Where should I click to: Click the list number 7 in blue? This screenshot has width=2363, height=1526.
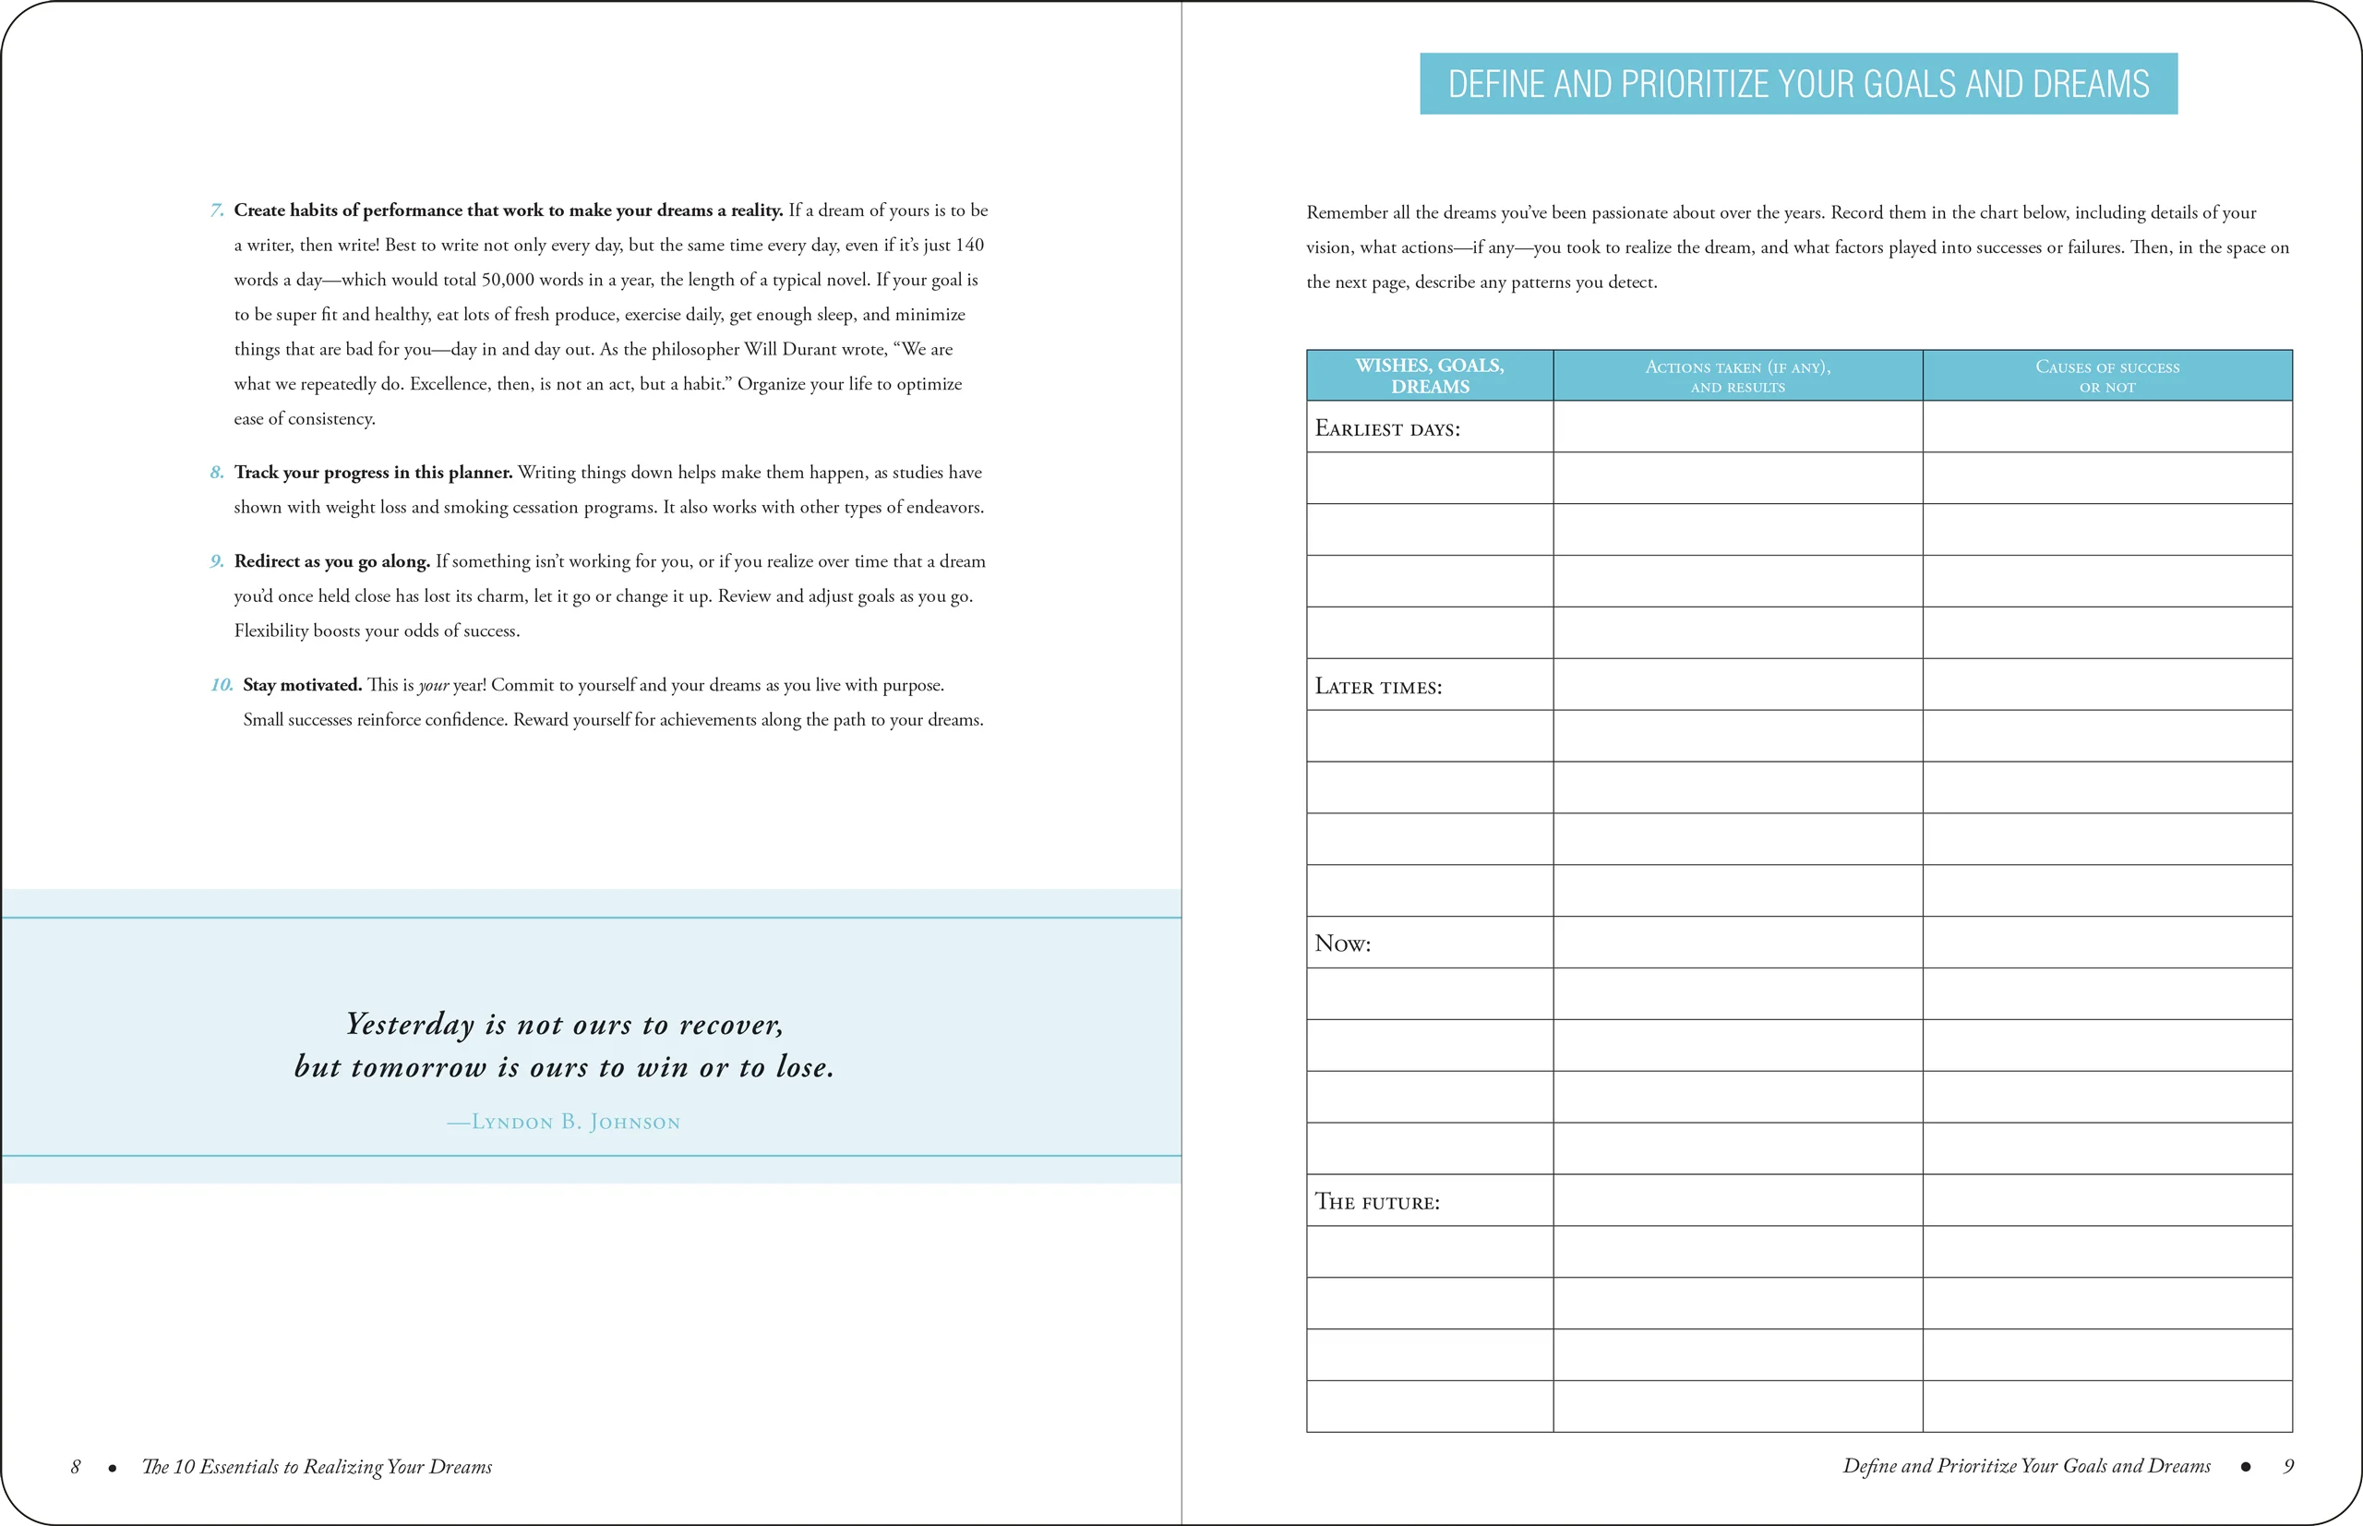(x=217, y=210)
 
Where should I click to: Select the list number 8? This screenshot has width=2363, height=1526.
(x=217, y=473)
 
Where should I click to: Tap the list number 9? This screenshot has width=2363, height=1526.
(x=217, y=561)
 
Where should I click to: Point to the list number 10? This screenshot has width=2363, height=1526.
(x=222, y=685)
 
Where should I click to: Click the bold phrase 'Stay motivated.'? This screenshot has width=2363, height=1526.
(x=302, y=685)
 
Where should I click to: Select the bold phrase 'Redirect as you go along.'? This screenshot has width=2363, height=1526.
(x=332, y=561)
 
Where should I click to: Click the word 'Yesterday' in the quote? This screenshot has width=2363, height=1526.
(x=410, y=1024)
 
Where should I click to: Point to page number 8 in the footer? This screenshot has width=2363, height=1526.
(x=76, y=1467)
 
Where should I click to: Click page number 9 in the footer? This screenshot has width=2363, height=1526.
(x=2287, y=1467)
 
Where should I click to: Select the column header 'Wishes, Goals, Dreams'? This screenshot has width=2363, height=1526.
(x=1429, y=376)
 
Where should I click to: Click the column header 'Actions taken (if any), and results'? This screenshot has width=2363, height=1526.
(x=1737, y=376)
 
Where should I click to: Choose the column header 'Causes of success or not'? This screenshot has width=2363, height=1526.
(x=2106, y=376)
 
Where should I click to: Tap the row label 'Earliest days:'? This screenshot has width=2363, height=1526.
(x=1387, y=428)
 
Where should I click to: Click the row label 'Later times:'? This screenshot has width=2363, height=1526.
(x=1378, y=687)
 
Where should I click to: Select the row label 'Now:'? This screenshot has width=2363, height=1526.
(x=1342, y=943)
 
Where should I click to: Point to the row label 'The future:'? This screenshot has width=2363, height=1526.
(x=1377, y=1202)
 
